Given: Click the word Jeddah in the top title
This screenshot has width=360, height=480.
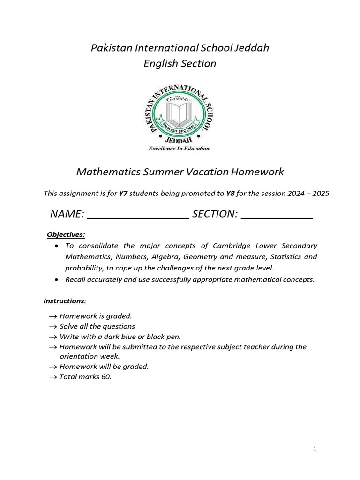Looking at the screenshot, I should tap(252, 48).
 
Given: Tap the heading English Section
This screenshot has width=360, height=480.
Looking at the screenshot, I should tap(180, 63).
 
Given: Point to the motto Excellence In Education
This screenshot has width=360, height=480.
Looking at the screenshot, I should tap(180, 149).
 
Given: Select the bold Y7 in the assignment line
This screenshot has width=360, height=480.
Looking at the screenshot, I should tap(124, 193).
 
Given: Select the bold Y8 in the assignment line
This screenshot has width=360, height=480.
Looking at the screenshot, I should tap(230, 193).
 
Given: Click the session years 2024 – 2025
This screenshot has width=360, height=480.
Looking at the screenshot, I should tap(307, 193).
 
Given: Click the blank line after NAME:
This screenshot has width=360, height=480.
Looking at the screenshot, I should tap(138, 215).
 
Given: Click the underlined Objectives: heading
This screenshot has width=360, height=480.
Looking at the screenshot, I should tap(66, 234).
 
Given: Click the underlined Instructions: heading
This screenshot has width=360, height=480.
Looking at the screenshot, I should tap(65, 300).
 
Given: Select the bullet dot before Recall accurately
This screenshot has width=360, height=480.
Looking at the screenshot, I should tap(57, 280).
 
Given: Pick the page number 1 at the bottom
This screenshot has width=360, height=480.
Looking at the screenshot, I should tap(315, 449).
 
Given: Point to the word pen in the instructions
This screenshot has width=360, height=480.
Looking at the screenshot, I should tap(174, 337).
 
